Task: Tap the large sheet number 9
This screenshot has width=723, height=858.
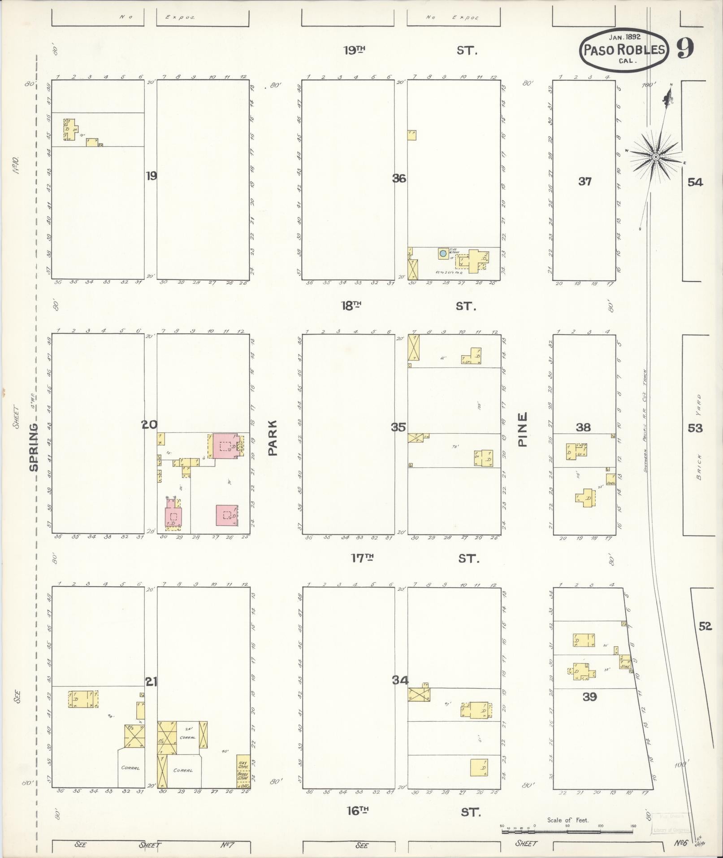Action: [x=685, y=48]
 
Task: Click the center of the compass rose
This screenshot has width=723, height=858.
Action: [x=655, y=157]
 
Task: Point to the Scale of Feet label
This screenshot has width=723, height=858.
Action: [x=567, y=820]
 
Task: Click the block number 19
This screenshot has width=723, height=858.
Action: [x=151, y=176]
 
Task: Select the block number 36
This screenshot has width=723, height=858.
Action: [x=399, y=179]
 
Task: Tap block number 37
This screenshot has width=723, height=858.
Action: [x=584, y=182]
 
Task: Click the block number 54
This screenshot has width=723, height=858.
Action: [x=695, y=182]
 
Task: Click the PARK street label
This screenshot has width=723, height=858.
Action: [x=273, y=438]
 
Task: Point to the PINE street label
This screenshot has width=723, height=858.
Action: [x=522, y=429]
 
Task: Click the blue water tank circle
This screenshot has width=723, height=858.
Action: [x=443, y=253]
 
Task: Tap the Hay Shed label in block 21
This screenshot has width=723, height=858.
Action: [x=242, y=762]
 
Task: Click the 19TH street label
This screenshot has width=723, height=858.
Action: [x=354, y=50]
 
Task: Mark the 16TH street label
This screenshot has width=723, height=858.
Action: [x=357, y=810]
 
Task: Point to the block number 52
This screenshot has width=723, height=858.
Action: [x=705, y=626]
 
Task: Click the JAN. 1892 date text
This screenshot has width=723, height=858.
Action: [x=624, y=37]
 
